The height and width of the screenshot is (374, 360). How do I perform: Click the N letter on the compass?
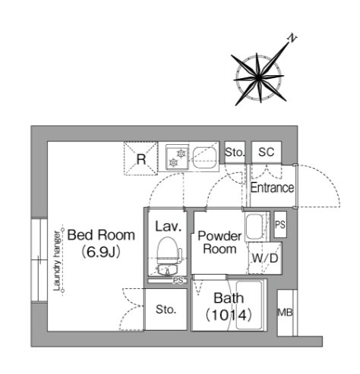(292, 39)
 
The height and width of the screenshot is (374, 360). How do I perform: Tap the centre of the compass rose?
(258, 77)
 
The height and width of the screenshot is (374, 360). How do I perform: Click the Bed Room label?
(101, 235)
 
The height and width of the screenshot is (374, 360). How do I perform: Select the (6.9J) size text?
(101, 252)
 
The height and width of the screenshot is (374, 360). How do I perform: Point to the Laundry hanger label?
(57, 261)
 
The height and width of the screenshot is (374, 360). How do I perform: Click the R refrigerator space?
(141, 159)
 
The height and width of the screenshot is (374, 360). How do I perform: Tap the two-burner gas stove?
(177, 157)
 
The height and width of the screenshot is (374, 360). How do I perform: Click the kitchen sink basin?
(205, 157)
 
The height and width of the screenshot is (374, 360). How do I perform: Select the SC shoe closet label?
(266, 152)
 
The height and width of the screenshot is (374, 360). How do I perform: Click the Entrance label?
(272, 187)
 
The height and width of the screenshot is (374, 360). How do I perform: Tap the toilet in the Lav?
(168, 252)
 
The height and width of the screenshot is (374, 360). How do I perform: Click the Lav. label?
(169, 226)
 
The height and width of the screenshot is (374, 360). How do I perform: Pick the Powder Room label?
(219, 242)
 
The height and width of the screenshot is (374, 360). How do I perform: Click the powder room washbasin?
(254, 227)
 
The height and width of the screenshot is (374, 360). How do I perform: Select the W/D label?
(265, 258)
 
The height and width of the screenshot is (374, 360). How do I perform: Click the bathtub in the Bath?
(248, 306)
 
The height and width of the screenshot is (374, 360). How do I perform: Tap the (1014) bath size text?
(229, 316)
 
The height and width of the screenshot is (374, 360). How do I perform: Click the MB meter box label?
(286, 313)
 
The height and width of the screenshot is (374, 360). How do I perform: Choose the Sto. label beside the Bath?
(166, 310)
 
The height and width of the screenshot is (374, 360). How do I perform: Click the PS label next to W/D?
(280, 225)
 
